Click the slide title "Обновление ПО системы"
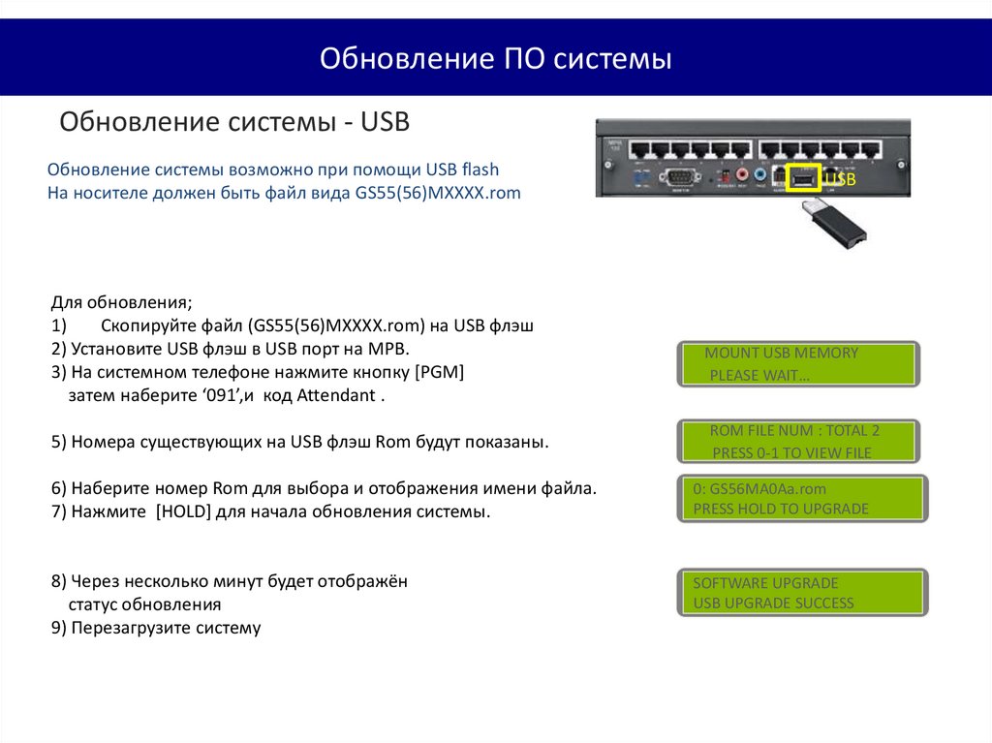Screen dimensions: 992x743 click(495, 58)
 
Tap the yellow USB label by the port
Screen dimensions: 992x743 click(840, 179)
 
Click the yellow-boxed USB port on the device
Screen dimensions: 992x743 click(803, 178)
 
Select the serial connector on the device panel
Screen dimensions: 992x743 click(680, 177)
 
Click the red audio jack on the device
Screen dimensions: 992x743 click(742, 174)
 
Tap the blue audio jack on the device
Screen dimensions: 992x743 click(760, 174)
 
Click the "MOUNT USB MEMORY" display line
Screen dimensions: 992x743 click(782, 354)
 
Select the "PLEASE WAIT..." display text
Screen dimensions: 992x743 click(759, 375)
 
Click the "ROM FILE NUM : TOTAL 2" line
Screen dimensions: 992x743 click(794, 431)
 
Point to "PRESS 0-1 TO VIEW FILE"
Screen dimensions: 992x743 click(792, 453)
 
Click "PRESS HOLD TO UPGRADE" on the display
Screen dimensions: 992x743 click(781, 509)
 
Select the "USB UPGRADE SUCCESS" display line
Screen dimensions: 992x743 click(773, 604)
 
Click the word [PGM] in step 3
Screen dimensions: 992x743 click(440, 372)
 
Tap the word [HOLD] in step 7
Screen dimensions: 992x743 click(183, 511)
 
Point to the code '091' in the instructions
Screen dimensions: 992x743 click(223, 395)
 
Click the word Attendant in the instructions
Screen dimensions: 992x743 click(336, 395)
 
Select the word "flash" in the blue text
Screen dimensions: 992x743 click(480, 169)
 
